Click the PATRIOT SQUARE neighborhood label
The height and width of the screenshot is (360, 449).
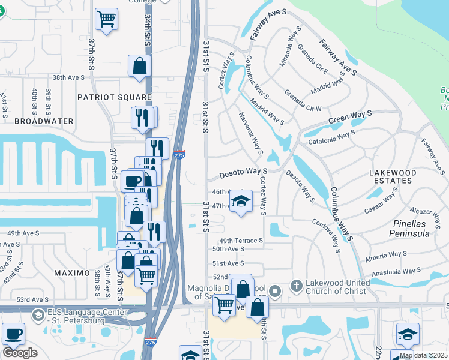click(115, 97)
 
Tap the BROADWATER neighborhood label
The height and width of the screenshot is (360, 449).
click(44, 121)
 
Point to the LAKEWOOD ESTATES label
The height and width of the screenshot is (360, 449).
click(393, 176)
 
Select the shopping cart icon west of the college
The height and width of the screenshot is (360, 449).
click(106, 19)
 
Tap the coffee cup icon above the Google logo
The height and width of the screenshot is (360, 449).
click(13, 333)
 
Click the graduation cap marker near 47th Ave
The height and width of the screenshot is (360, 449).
click(241, 201)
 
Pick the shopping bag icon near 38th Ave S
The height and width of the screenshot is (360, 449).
click(139, 66)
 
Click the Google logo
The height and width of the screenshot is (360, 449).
click(20, 353)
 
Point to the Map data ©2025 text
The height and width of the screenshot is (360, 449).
click(423, 355)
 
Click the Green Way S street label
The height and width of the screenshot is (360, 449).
click(350, 118)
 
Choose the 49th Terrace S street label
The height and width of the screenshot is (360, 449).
click(237, 240)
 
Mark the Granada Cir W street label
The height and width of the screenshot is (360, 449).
click(303, 100)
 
